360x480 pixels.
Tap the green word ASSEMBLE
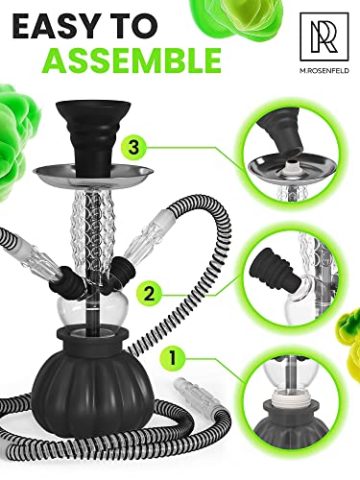[132, 60]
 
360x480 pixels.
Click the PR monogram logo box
[324, 36]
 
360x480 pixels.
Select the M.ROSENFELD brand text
[324, 71]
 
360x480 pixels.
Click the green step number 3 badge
[133, 148]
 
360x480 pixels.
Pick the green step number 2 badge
[150, 294]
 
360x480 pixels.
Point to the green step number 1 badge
[173, 358]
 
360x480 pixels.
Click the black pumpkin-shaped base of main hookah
[90, 372]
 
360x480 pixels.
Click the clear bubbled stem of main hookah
[93, 230]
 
